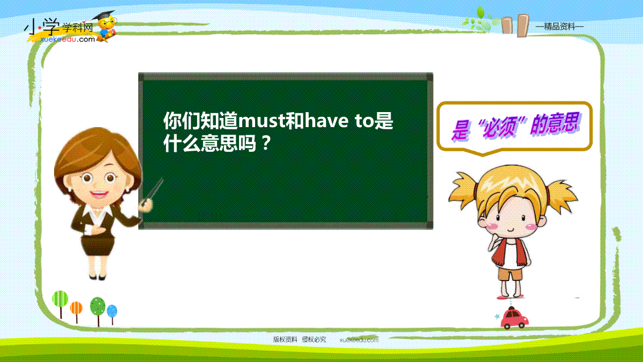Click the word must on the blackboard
262,121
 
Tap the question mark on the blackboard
267,143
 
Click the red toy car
514,319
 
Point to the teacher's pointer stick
152,191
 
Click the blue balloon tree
112,315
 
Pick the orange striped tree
76,312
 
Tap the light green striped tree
60,305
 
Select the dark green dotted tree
98,311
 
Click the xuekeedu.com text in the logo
68,39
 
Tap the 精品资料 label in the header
559,27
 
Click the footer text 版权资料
285,339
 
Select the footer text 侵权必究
314,339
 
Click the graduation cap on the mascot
104,16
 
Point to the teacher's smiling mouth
99,194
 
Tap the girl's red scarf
510,253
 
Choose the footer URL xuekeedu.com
359,340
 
